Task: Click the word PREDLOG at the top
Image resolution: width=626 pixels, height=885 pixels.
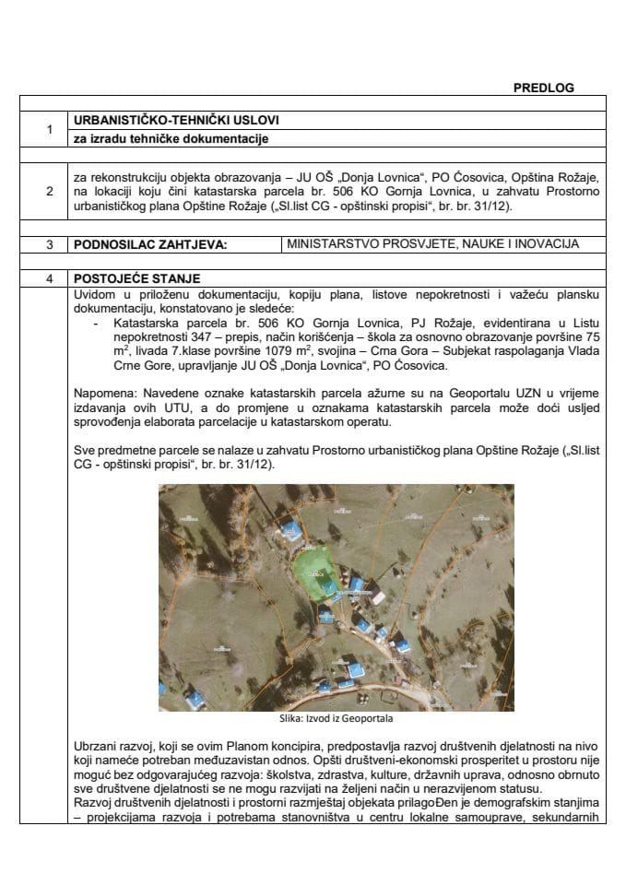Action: coord(543,88)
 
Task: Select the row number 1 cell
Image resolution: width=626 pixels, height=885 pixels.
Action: coord(48,130)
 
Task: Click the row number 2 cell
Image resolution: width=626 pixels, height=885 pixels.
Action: coord(48,192)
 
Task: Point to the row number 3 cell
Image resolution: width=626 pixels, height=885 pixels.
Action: coord(48,245)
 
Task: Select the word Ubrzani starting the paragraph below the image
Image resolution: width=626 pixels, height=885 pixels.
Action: coord(96,743)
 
